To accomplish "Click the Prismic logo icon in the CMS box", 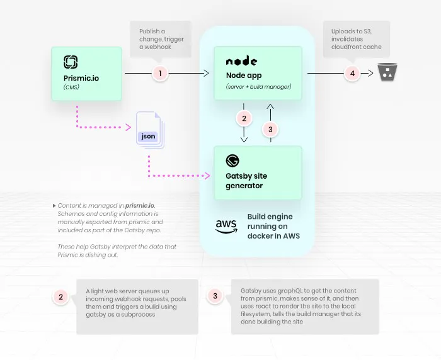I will pyautogui.click(x=71, y=62).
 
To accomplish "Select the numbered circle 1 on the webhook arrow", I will pyautogui.click(x=160, y=74).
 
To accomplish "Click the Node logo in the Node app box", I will pyautogui.click(x=241, y=61).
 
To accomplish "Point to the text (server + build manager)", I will pyautogui.click(x=258, y=86).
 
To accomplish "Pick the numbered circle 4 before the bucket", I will pyautogui.click(x=352, y=74).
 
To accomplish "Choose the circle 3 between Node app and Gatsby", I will pyautogui.click(x=270, y=130).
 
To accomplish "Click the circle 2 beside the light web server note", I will pyautogui.click(x=60, y=297).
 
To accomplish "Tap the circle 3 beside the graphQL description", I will pyautogui.click(x=215, y=296).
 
